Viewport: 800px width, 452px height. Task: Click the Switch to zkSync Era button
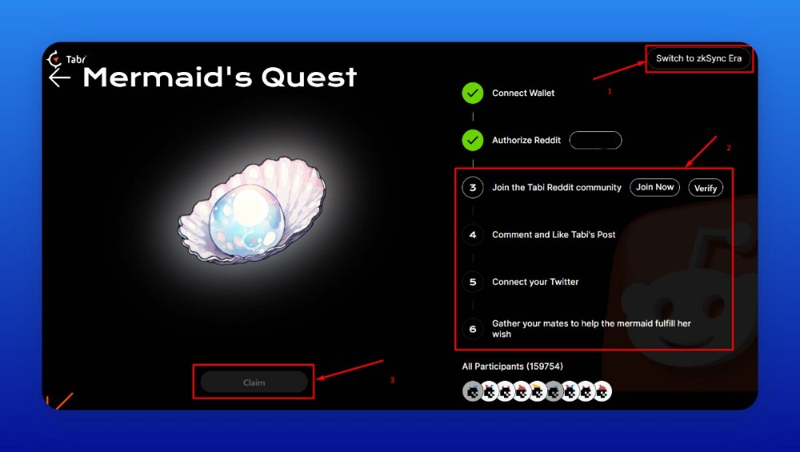[699, 58]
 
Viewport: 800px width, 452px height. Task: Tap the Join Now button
[654, 187]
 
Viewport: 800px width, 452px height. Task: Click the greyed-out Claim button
[254, 382]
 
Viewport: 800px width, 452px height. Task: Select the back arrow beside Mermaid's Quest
[60, 78]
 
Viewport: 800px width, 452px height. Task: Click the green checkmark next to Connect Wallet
[473, 94]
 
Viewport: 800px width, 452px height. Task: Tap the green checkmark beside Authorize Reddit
[473, 140]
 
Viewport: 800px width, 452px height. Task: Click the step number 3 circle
[473, 188]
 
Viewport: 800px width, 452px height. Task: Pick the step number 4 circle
[473, 234]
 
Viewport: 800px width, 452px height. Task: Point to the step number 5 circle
[473, 282]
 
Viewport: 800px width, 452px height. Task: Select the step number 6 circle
[473, 329]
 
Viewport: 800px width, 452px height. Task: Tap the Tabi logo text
[76, 59]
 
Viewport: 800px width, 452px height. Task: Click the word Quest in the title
[309, 78]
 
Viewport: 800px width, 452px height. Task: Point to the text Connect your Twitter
[535, 282]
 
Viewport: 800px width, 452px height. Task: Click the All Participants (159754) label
[512, 366]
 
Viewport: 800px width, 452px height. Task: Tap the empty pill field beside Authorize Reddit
[595, 140]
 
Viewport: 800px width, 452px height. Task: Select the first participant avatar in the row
[473, 391]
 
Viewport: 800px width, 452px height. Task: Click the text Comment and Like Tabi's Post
[554, 234]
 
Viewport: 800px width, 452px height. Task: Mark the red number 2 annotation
[729, 148]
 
